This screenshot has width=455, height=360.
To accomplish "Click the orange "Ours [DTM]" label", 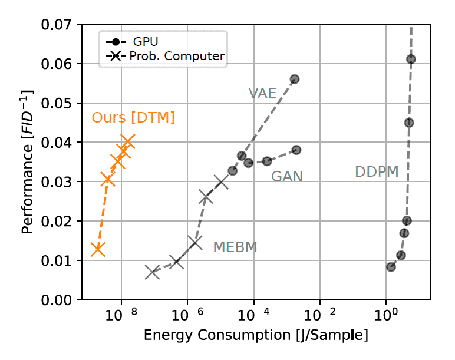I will [133, 118].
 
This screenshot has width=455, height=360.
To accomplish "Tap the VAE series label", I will [262, 93].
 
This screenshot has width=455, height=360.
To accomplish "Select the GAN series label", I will [287, 176].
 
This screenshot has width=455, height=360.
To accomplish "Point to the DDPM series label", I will [377, 172].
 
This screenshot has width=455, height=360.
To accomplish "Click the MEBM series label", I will [235, 247].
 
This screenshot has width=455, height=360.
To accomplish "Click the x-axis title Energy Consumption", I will [256, 336].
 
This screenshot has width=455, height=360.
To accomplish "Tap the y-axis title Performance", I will [27, 162].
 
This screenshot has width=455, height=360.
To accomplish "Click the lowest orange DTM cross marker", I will [98, 249].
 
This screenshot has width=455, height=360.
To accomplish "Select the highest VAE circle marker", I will [295, 79].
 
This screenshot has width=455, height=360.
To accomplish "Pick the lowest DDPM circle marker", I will [391, 267].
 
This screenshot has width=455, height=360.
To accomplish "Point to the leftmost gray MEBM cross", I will [153, 272].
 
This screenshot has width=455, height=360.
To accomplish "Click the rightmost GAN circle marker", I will [296, 150].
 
